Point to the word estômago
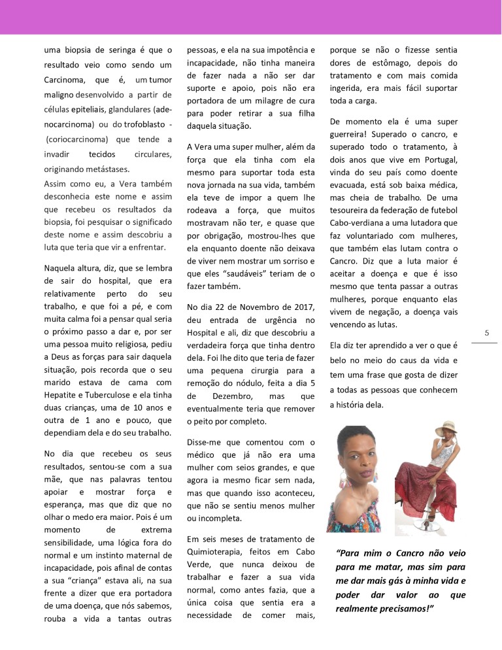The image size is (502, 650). coord(399,63)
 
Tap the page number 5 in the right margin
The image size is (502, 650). coord(486,332)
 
